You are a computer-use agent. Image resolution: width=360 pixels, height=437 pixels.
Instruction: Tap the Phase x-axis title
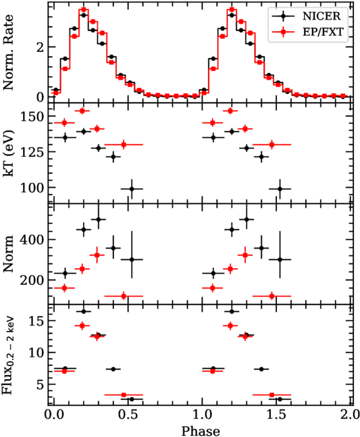click(x=201, y=431)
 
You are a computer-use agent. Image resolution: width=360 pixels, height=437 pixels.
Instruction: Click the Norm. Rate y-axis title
click(x=8, y=53)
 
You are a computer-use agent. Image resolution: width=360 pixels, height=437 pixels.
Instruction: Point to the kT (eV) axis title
click(x=8, y=153)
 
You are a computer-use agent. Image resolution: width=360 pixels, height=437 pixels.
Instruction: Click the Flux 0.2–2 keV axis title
click(x=9, y=355)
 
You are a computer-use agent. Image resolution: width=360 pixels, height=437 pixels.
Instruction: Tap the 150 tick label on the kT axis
click(x=32, y=116)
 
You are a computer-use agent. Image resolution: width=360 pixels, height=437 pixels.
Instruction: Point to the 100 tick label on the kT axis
click(x=32, y=188)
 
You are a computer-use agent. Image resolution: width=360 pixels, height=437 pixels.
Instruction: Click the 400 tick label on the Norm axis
click(x=32, y=239)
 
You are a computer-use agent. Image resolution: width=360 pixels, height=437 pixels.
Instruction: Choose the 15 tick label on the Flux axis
click(x=36, y=321)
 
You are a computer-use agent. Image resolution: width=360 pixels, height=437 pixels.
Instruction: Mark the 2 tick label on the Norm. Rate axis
click(x=41, y=47)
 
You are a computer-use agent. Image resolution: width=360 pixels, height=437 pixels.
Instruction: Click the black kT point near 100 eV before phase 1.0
click(x=132, y=189)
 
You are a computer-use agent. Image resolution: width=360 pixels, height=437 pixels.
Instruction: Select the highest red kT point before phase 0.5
click(x=82, y=111)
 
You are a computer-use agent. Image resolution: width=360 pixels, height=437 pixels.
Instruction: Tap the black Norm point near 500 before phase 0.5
click(x=98, y=220)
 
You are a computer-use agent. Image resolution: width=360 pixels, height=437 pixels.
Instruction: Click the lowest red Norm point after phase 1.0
click(x=272, y=296)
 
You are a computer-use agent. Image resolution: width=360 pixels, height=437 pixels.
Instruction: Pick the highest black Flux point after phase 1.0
click(x=232, y=311)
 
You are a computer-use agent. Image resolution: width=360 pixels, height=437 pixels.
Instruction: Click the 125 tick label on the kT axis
click(x=32, y=152)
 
